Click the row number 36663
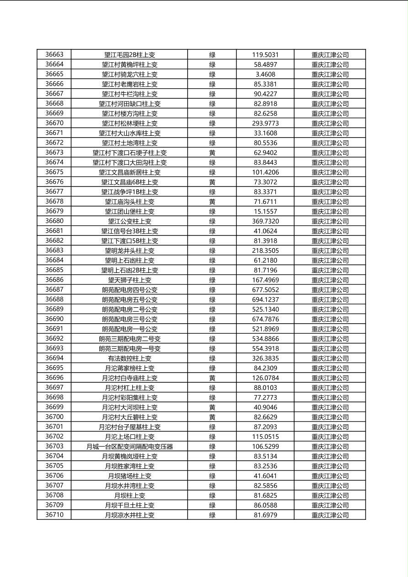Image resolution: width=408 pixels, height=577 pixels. point(54,55)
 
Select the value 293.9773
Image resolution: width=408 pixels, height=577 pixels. point(265,123)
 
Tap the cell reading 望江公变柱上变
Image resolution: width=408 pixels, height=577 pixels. point(129,221)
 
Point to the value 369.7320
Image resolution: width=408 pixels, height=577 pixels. point(265,221)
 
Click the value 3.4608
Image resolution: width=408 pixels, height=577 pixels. point(265,75)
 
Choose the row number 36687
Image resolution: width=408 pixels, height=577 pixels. point(54,290)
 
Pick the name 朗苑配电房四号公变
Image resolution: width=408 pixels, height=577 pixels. point(129,290)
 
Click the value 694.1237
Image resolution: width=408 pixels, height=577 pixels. point(265,299)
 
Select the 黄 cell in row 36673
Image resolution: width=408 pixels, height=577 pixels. point(212,153)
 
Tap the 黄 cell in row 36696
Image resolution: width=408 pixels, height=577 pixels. point(212,378)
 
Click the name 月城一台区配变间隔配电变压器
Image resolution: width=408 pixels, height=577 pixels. point(129,447)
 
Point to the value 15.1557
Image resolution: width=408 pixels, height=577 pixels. point(265,212)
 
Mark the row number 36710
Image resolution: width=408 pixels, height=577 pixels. point(54,515)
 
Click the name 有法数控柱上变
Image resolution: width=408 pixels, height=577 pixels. point(129,358)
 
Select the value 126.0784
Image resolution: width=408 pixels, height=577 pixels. point(265,378)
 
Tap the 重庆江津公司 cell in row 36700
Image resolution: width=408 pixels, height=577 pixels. point(330,417)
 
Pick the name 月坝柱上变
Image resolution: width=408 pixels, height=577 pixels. point(129,496)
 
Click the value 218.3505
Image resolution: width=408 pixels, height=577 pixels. point(265,251)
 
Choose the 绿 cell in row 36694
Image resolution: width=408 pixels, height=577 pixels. point(212,358)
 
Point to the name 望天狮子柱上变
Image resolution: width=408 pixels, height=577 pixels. point(129,280)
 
